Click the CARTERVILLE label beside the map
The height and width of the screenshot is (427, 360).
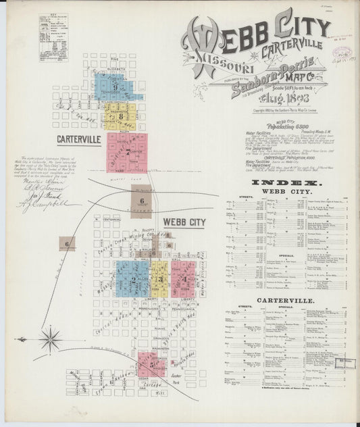(x=78, y=139)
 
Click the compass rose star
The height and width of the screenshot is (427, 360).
(x=51, y=338)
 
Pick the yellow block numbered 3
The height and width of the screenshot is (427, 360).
(x=159, y=278)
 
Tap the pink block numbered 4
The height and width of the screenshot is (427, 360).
(x=183, y=279)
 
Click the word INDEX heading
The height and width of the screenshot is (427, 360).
(x=286, y=183)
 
